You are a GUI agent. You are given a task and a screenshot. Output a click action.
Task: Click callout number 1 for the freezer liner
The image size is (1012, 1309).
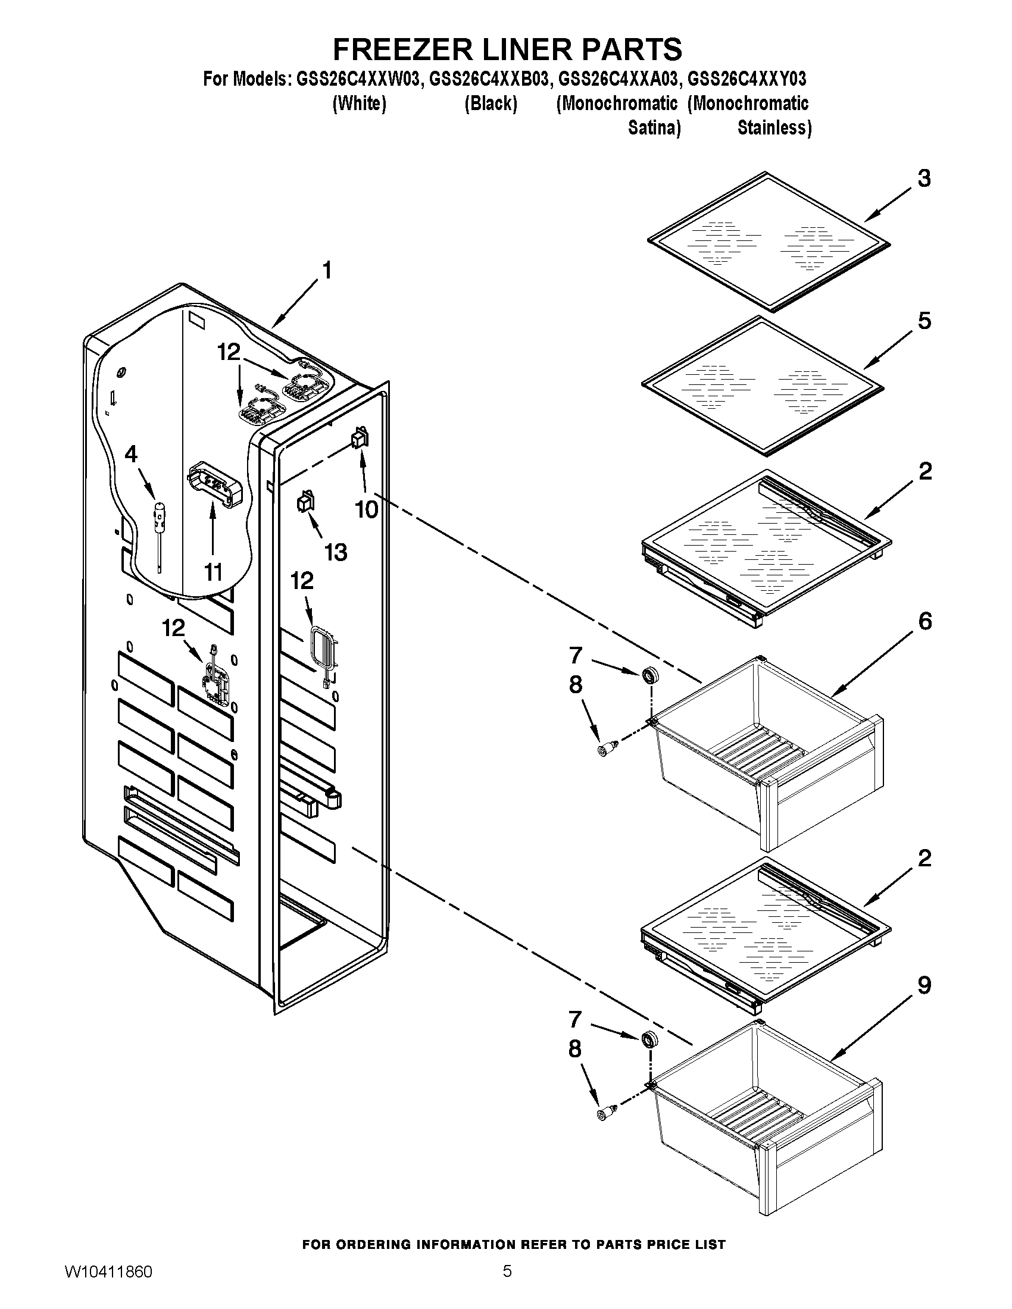point(327,271)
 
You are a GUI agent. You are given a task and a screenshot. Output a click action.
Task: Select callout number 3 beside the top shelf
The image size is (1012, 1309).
point(924,178)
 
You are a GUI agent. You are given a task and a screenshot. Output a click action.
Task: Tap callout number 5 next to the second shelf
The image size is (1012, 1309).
point(924,321)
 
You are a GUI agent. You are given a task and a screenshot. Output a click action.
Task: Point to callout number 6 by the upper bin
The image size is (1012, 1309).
point(924,622)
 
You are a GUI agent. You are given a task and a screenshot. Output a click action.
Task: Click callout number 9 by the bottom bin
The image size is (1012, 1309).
point(924,985)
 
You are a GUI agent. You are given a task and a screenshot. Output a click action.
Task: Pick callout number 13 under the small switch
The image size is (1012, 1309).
point(336,552)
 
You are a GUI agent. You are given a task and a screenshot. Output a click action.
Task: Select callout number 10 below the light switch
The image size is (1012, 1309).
point(366,509)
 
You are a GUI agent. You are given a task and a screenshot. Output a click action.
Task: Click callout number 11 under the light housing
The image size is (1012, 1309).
point(214,572)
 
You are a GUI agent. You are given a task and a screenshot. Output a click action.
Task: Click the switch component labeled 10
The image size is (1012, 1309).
point(360,439)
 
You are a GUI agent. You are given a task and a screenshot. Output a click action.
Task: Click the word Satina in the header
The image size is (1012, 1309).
point(654,129)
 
